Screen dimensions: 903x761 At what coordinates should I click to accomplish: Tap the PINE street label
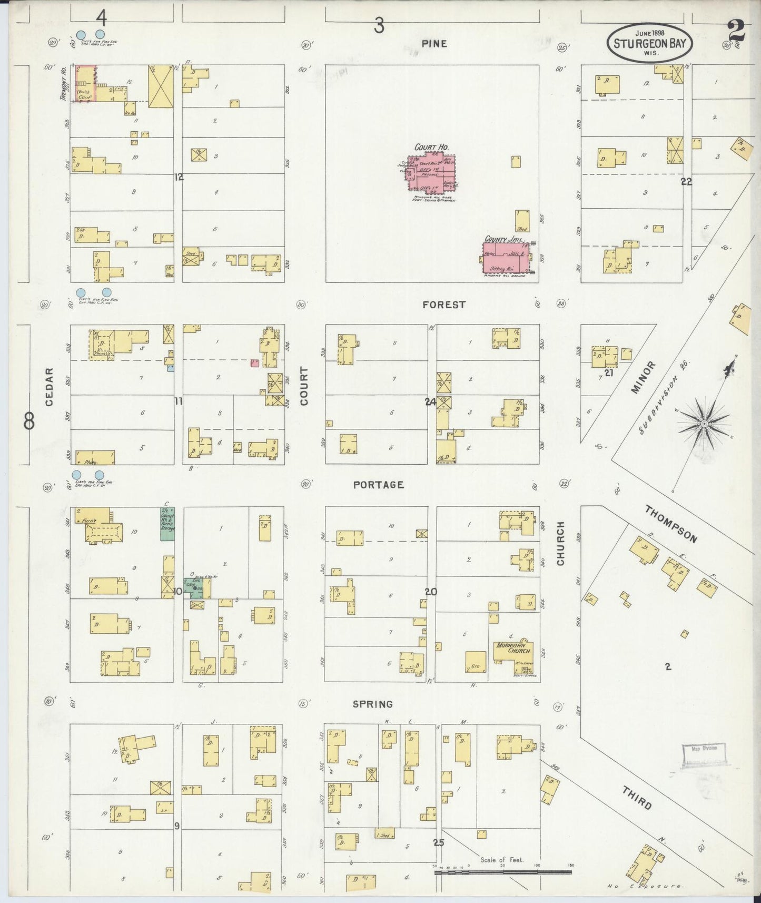click(434, 44)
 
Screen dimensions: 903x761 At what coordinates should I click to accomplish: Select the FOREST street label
click(444, 305)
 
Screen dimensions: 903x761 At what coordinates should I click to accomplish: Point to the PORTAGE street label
click(379, 485)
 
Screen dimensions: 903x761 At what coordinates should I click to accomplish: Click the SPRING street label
click(373, 704)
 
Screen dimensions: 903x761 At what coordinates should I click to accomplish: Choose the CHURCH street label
click(560, 544)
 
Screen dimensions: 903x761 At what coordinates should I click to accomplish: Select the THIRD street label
click(637, 798)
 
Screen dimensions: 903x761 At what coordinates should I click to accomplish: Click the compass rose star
click(704, 423)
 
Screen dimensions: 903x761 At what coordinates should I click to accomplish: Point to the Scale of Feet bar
click(503, 872)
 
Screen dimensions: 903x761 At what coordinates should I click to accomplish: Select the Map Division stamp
click(704, 755)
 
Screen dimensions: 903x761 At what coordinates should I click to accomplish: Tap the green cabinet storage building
click(167, 523)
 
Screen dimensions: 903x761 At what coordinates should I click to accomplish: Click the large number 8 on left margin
click(29, 420)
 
